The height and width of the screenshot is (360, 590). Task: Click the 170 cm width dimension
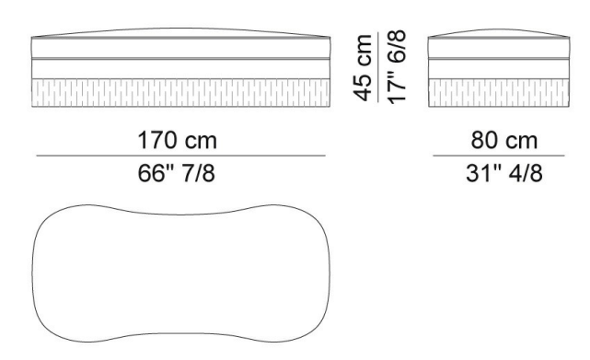click(x=178, y=141)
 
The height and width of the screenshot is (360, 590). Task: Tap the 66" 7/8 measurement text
click(x=177, y=173)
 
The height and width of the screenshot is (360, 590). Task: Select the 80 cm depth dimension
click(x=503, y=141)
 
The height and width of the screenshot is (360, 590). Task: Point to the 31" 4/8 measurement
click(x=504, y=173)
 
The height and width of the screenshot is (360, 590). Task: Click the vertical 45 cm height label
click(x=363, y=68)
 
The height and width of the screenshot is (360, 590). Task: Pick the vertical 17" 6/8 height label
click(x=397, y=66)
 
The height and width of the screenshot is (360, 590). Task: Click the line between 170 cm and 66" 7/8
click(x=180, y=156)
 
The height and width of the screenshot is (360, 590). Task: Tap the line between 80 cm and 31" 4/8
click(x=499, y=156)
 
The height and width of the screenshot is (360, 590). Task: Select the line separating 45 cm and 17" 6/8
click(x=378, y=67)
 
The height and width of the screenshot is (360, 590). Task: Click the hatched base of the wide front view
click(x=180, y=93)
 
